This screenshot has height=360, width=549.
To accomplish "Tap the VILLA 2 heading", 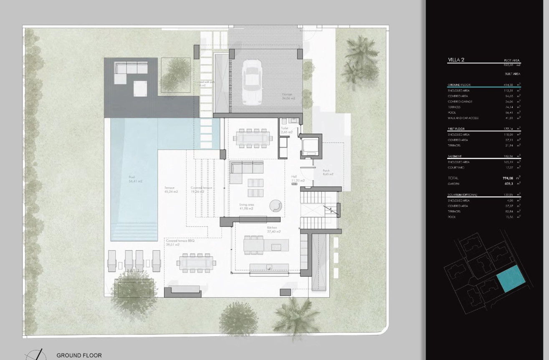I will [x=456, y=60].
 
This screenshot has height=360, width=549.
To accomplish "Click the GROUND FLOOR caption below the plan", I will [x=79, y=355].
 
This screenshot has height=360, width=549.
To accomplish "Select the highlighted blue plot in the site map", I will [x=510, y=278].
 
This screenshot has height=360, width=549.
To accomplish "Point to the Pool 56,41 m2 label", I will [x=136, y=179].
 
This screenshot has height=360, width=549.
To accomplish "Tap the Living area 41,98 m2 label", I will [x=246, y=206].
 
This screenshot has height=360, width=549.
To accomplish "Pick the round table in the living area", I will [x=275, y=206].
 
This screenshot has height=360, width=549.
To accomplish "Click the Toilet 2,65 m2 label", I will [x=286, y=130].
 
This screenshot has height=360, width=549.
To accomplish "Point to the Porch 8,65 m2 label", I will [x=328, y=172].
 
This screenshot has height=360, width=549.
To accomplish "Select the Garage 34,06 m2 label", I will [x=288, y=96].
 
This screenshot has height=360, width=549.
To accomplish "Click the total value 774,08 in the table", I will [x=508, y=178].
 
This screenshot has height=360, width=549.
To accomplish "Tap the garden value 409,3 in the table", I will [x=508, y=184].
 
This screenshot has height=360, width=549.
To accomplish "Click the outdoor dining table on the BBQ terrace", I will [x=196, y=263].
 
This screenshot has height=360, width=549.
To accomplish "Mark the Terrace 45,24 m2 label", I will [x=171, y=190].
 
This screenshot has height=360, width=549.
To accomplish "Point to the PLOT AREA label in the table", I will [x=512, y=60].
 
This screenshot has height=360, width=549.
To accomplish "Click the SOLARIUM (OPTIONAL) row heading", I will [x=462, y=195].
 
